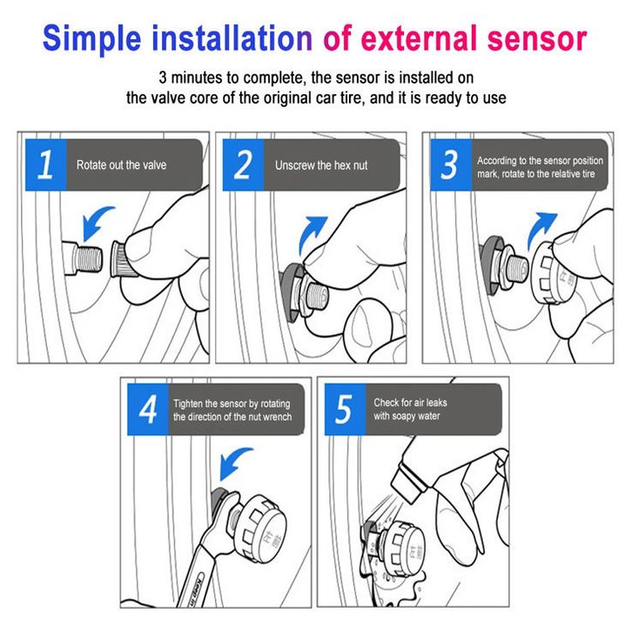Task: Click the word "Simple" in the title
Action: point(92,39)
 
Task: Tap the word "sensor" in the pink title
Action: point(537,38)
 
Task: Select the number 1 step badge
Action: point(45,165)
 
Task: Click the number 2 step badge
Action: point(243,165)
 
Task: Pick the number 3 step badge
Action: point(451,165)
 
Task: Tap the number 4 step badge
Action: point(148,409)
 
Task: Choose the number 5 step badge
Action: point(345,409)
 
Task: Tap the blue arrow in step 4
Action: point(234,463)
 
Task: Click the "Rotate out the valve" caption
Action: point(121,165)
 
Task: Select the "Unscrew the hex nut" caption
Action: point(321,165)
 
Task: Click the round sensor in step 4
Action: point(259,528)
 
